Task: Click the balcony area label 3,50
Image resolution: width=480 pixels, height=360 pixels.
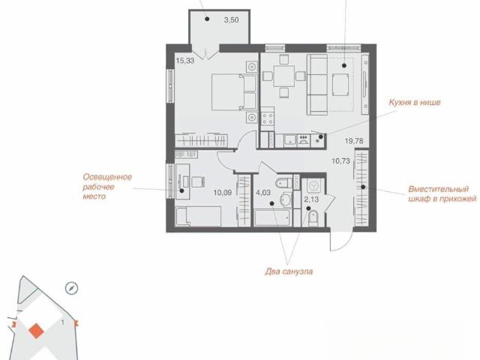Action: click(x=231, y=20)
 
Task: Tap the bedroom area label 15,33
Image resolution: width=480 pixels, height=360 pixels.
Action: click(x=185, y=61)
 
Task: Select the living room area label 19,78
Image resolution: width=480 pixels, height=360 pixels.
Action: click(x=354, y=141)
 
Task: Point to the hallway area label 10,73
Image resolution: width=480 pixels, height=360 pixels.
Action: click(x=340, y=161)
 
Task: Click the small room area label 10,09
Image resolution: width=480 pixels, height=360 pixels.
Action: click(x=223, y=193)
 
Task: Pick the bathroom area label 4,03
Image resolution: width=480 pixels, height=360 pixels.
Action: click(x=263, y=193)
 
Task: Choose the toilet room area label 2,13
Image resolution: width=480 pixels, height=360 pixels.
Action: click(x=311, y=199)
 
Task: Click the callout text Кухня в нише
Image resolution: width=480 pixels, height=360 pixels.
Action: click(x=415, y=102)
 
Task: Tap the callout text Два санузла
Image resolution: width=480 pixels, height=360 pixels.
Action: click(x=289, y=271)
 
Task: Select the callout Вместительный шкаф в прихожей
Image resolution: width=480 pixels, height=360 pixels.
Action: click(x=442, y=193)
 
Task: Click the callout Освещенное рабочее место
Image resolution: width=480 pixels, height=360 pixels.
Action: click(x=107, y=187)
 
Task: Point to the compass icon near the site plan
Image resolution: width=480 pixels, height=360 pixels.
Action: click(x=72, y=288)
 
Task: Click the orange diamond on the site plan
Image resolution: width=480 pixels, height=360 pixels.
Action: click(x=37, y=331)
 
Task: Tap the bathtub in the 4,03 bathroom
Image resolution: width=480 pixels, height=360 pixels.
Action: click(x=272, y=217)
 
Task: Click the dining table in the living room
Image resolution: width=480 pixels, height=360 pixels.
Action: click(x=283, y=76)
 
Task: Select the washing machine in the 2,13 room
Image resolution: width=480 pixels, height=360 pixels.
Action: click(x=313, y=186)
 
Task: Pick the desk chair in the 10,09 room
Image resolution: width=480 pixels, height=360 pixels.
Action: click(x=197, y=181)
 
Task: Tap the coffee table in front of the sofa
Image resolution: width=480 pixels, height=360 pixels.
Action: click(x=340, y=85)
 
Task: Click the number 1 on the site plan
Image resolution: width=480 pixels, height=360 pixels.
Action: click(x=63, y=322)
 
